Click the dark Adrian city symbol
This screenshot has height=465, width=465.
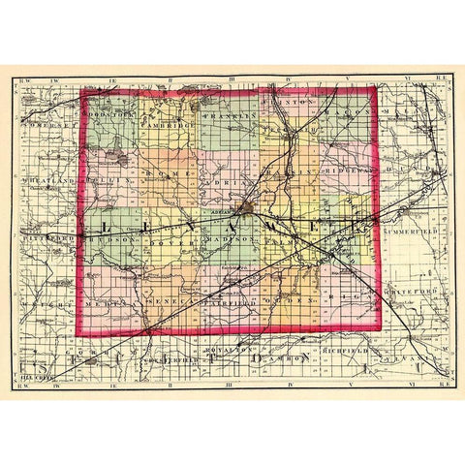coord(249,207)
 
